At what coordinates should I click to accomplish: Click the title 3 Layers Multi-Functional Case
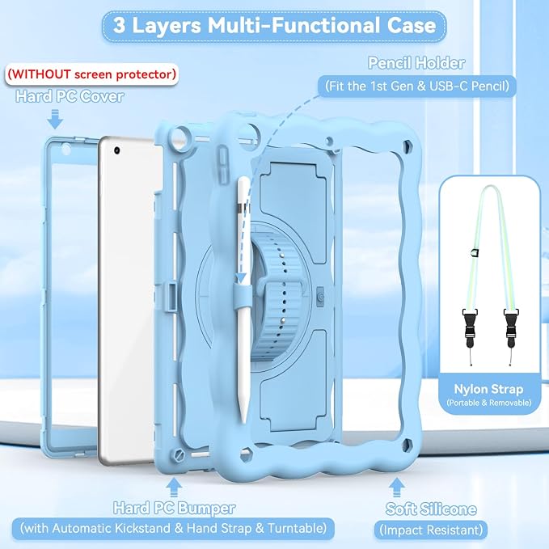(275, 26)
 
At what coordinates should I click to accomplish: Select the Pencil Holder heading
(416, 63)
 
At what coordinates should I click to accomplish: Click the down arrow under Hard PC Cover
(55, 119)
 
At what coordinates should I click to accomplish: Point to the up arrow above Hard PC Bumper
(174, 488)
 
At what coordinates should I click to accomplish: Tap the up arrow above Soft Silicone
(396, 488)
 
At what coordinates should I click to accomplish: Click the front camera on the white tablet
(117, 150)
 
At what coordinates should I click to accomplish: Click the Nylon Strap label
(488, 389)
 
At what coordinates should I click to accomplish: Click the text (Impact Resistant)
(431, 530)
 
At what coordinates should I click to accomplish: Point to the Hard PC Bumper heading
(174, 509)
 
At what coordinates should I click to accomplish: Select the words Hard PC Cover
(70, 97)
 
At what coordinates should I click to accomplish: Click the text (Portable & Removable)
(489, 403)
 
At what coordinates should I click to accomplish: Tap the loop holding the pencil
(243, 295)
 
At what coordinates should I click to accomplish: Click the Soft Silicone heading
(431, 509)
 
